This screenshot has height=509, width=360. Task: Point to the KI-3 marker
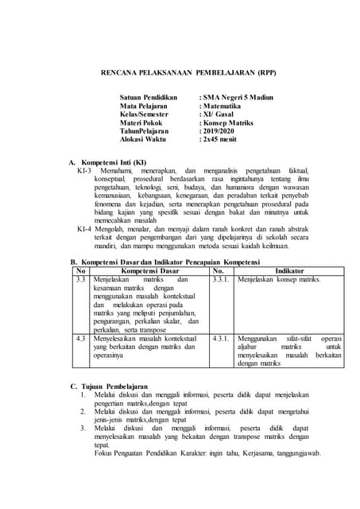(85, 170)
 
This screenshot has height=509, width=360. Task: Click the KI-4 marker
(85, 227)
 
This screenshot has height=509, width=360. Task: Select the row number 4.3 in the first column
(80, 338)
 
